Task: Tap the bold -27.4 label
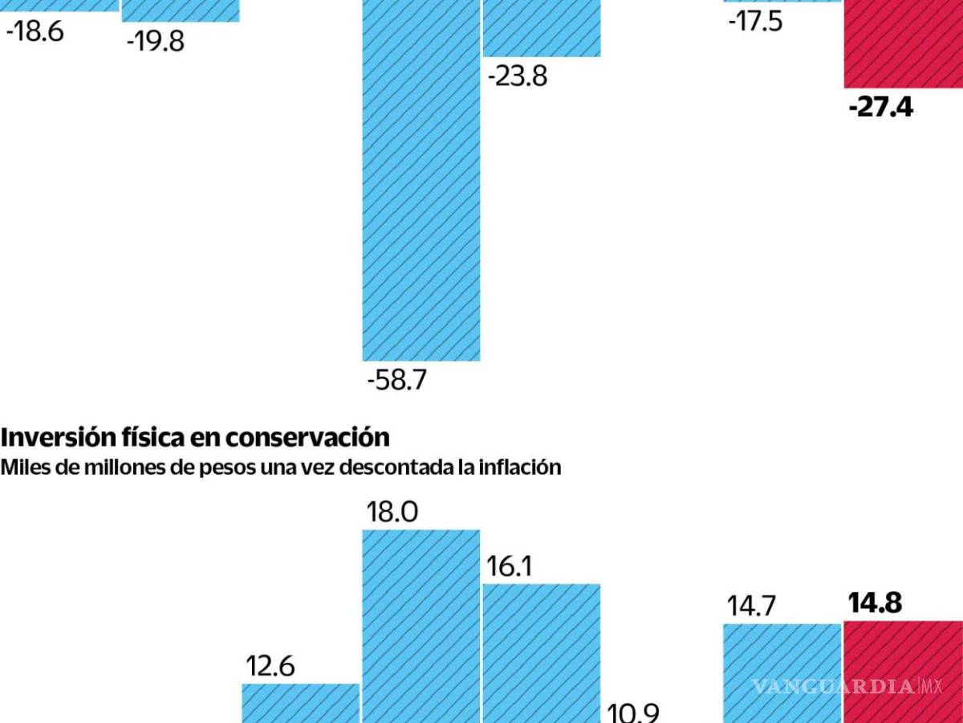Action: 880,107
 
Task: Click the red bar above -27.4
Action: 903,44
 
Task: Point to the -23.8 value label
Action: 518,78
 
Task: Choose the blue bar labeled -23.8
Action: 542,28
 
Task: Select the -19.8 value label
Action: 155,41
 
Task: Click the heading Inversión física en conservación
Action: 195,438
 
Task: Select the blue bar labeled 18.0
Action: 421,627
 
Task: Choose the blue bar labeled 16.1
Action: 542,652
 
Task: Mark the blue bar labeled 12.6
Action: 301,703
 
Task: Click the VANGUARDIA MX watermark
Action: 846,687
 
